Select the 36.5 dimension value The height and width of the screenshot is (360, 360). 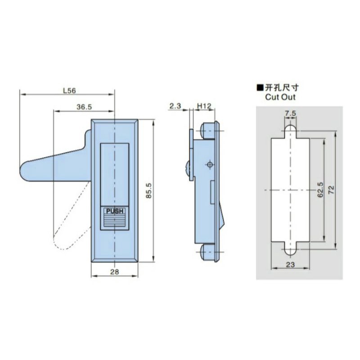84,107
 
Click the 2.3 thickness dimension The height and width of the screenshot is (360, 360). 175,106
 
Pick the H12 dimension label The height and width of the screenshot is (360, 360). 205,106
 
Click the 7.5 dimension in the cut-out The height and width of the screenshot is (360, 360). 290,114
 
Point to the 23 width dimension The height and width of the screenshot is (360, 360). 290,265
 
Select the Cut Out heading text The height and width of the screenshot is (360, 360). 280,97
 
